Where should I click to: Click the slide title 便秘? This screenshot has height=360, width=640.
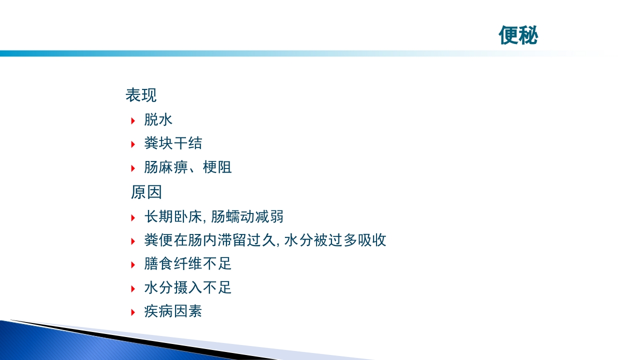518,35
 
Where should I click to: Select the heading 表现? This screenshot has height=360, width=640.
141,95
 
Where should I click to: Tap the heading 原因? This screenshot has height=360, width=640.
146,192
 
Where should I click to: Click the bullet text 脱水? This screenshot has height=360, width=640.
158,120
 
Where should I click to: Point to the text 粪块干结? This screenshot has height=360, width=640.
173,144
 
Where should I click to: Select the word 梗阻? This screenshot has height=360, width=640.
217,167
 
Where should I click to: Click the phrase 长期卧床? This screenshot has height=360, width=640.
172,216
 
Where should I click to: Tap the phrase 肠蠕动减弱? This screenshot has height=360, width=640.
247,216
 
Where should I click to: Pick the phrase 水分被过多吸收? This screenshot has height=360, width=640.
335,240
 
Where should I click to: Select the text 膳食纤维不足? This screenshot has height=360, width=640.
187,264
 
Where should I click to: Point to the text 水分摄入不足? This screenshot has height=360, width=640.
187,288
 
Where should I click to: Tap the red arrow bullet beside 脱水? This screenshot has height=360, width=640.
133,120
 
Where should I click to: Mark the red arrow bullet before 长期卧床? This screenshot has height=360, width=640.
133,217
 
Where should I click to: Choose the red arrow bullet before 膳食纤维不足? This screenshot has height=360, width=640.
133,264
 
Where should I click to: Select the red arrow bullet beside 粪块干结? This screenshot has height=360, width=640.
133,144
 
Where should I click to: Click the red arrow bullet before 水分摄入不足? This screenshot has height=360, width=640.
133,288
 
